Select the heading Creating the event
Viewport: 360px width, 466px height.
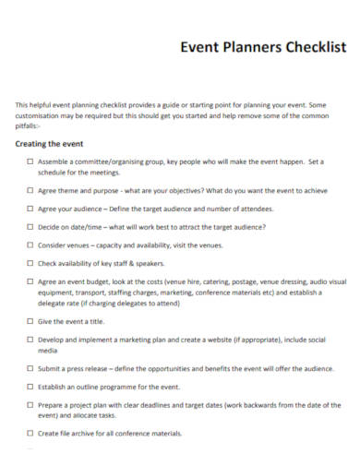tap(50, 145)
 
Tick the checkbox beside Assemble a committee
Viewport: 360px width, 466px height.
tap(30, 162)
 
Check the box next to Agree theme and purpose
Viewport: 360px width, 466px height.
tap(30, 191)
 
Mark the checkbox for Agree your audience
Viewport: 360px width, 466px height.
tap(30, 209)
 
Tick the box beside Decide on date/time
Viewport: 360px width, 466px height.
tap(30, 227)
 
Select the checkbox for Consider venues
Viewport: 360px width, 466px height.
tap(30, 245)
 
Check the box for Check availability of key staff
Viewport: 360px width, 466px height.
tap(30, 263)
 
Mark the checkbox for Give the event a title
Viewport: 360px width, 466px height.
tap(30, 321)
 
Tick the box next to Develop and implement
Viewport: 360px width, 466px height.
tap(30, 340)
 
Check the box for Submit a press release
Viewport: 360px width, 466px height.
tap(30, 369)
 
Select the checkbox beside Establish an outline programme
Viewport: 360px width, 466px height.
tap(30, 387)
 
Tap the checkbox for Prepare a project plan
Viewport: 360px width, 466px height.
tap(30, 405)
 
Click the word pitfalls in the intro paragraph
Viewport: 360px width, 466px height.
tap(30, 127)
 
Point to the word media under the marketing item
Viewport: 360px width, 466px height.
tap(48, 351)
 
